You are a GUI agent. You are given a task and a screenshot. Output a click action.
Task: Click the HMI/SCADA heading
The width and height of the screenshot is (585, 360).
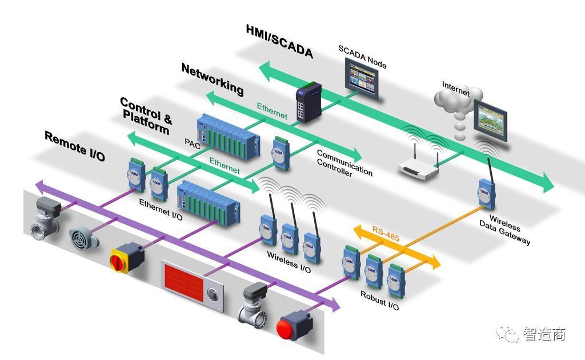click(280, 41)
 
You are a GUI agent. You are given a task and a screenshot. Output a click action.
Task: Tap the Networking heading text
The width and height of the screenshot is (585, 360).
click(212, 79)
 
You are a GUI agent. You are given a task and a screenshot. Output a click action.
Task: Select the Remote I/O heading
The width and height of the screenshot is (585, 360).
click(74, 146)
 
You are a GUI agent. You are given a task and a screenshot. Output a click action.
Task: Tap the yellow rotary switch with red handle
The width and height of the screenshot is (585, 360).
click(125, 259)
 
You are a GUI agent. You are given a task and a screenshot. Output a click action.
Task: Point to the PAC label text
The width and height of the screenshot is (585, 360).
click(191, 141)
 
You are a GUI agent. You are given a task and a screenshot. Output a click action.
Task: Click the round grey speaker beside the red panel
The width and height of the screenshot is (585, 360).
click(216, 294)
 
